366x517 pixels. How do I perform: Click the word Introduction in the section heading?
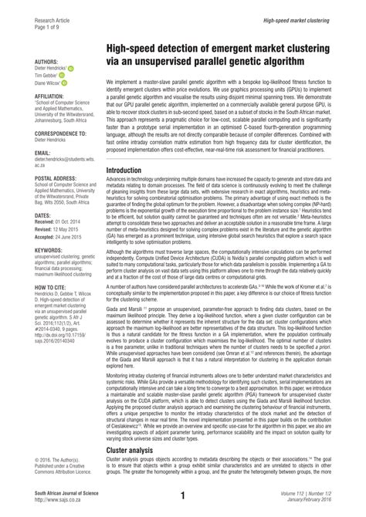pyautogui.click(x=129, y=191)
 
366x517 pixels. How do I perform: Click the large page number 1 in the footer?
pyautogui.click(x=183, y=495)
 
